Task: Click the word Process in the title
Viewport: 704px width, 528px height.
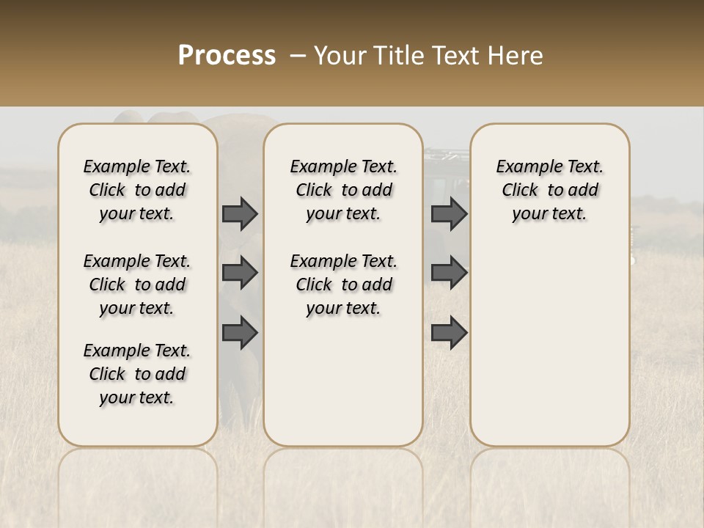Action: tap(227, 56)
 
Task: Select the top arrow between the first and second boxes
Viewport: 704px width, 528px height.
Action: tap(240, 214)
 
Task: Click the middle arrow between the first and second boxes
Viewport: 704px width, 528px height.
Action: tap(240, 274)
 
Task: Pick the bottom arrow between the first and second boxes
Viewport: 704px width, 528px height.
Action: tap(240, 333)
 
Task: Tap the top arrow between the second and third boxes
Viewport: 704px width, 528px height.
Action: tap(449, 214)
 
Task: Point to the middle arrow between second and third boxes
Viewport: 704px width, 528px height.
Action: tap(449, 274)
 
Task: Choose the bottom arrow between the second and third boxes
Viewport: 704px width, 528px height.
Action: tap(449, 333)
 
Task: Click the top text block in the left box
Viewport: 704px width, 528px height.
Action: tap(137, 190)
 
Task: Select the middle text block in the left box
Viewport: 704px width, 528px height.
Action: tap(137, 285)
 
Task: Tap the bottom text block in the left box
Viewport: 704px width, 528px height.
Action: tap(137, 374)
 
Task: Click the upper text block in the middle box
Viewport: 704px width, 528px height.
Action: tap(343, 190)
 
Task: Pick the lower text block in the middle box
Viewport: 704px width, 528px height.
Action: tap(343, 285)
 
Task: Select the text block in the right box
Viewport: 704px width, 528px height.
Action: tap(550, 190)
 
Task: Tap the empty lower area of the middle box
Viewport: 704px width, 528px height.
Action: tap(343, 381)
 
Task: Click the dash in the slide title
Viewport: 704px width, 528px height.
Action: tap(296, 56)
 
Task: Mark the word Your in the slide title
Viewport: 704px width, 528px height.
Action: tap(337, 56)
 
